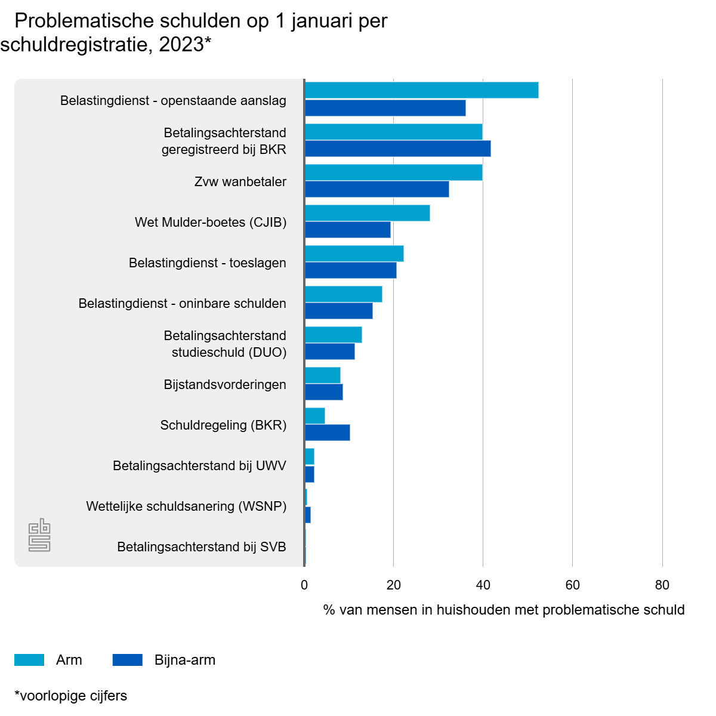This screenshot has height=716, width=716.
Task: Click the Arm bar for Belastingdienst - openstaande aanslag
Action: click(421, 90)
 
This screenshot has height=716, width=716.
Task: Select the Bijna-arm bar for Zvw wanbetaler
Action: click(376, 189)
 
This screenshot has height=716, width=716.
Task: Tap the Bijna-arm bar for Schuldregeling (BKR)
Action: click(327, 433)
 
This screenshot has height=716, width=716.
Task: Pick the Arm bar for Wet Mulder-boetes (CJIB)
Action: click(367, 213)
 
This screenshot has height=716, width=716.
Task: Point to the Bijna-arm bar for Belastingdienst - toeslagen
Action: click(350, 270)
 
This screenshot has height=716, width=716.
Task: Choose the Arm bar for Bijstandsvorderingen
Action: click(322, 375)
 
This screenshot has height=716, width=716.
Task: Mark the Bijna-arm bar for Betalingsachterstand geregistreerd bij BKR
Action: click(397, 149)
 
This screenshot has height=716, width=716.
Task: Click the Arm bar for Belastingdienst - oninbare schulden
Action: click(343, 294)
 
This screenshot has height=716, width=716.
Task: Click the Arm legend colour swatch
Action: click(29, 660)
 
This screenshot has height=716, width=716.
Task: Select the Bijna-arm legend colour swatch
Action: click(128, 660)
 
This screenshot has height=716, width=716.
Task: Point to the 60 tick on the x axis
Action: click(573, 585)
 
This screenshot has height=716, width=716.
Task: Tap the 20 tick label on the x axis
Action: click(394, 585)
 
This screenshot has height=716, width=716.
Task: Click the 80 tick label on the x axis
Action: click(662, 585)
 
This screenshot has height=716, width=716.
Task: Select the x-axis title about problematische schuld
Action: click(504, 610)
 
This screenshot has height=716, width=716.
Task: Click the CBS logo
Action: click(39, 535)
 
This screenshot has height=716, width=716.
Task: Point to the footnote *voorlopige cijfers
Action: click(70, 696)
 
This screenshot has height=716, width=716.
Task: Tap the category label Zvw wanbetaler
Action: click(240, 181)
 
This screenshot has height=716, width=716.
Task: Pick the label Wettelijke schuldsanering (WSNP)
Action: click(186, 506)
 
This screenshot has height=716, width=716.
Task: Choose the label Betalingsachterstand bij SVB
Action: click(202, 547)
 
